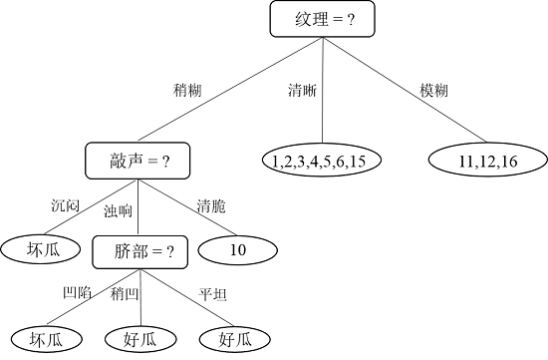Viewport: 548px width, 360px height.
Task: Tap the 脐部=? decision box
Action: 139,252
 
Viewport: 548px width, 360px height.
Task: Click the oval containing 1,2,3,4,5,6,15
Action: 322,160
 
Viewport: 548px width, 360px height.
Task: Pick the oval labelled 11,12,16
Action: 488,160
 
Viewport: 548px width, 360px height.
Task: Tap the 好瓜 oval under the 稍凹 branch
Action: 140,339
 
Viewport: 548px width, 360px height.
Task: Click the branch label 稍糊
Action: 188,91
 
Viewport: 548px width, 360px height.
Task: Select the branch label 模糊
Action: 433,91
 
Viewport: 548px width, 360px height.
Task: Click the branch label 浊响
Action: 119,210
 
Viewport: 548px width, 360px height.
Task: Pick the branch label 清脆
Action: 212,206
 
